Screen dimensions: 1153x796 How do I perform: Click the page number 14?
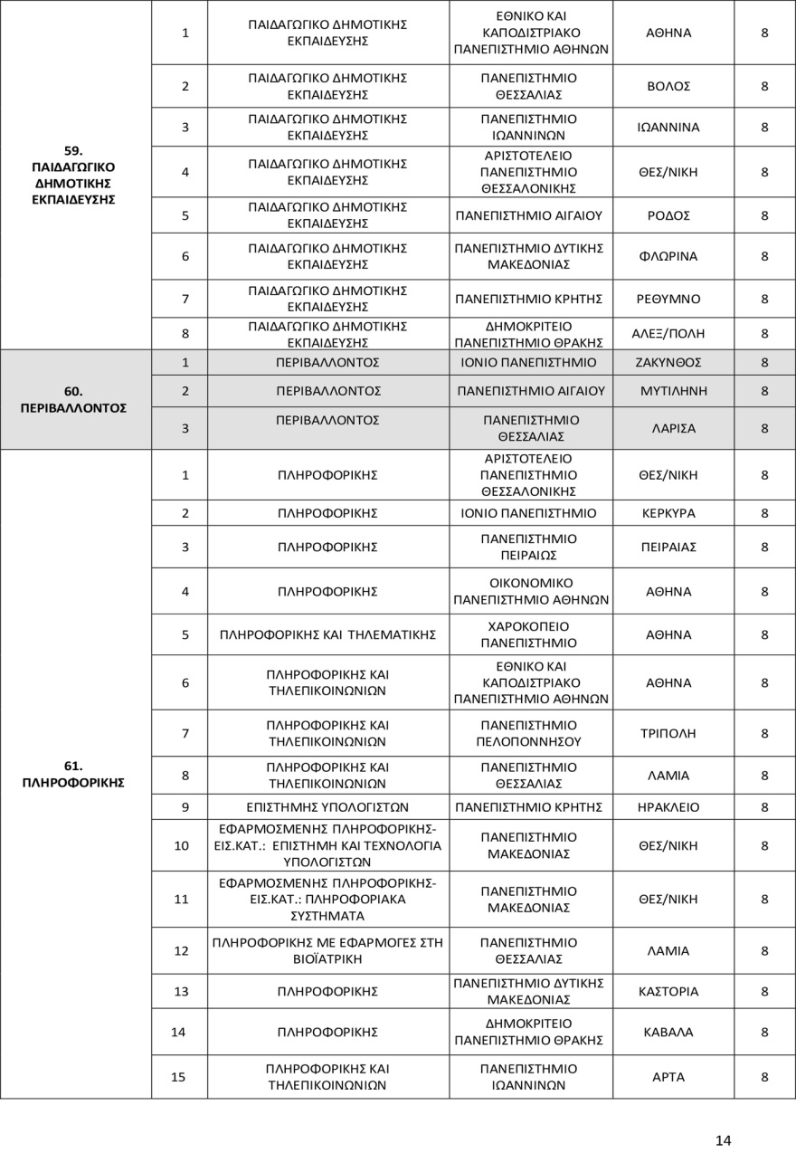click(x=723, y=1139)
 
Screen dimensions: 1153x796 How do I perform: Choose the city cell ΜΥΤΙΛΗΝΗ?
click(x=673, y=391)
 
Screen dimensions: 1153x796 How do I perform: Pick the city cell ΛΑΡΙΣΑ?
click(x=673, y=428)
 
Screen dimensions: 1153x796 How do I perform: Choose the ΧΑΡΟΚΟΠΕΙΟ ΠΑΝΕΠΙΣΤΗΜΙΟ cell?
click(x=530, y=634)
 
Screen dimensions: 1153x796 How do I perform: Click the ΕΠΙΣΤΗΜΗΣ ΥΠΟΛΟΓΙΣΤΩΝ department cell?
click(x=328, y=806)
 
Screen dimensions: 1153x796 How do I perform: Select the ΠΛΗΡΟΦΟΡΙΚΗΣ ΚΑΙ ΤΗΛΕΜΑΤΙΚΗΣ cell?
click(x=328, y=634)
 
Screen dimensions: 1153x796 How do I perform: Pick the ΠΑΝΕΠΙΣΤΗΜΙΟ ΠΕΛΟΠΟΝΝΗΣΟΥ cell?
click(x=530, y=733)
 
